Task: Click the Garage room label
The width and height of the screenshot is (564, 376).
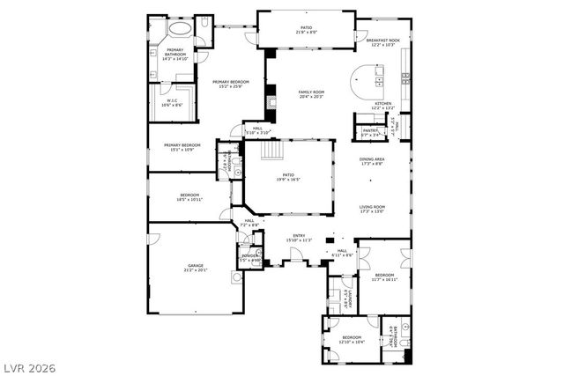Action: [195, 266]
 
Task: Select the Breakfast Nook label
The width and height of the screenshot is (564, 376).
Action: [382, 40]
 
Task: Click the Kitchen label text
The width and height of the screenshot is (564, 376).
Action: [383, 104]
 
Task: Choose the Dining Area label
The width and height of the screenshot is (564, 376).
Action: [372, 159]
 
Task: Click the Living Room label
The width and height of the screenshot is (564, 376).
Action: [372, 208]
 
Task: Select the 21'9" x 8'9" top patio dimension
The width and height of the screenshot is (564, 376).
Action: [306, 33]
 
